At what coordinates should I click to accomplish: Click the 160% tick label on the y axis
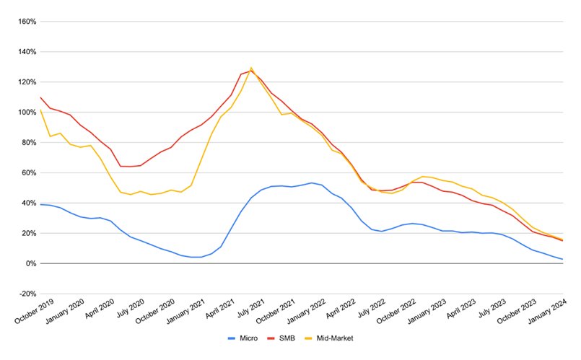(x=27, y=22)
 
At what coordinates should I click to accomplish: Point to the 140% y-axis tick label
(x=27, y=52)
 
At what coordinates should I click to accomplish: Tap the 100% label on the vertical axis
(x=27, y=113)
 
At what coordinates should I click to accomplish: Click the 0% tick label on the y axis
(x=30, y=264)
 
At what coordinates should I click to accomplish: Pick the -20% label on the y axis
(x=27, y=294)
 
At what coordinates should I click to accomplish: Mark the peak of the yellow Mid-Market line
(x=251, y=68)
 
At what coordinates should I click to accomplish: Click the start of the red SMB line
(x=40, y=97)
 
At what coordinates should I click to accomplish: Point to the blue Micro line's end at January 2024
(x=562, y=259)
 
